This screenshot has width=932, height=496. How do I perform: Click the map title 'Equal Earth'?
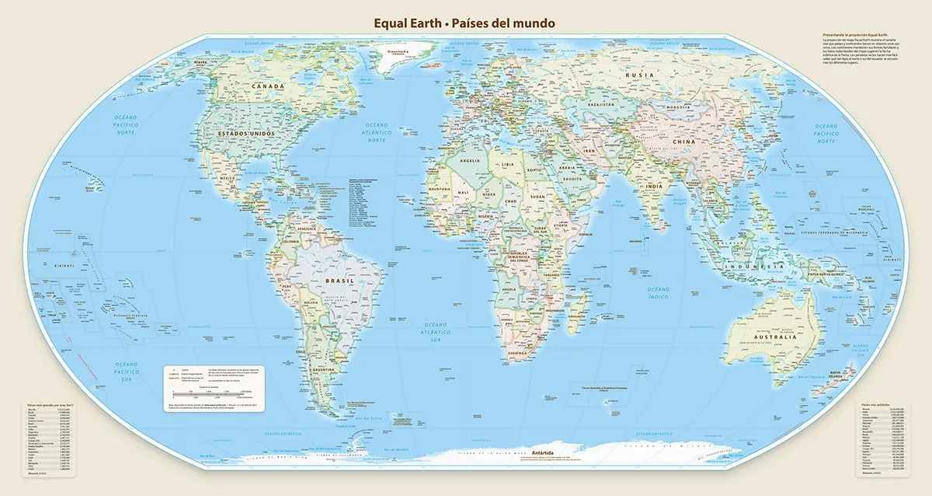click(406, 23)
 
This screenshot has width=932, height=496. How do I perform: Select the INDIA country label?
click(655, 187)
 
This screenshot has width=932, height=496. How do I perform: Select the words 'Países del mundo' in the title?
click(501, 23)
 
